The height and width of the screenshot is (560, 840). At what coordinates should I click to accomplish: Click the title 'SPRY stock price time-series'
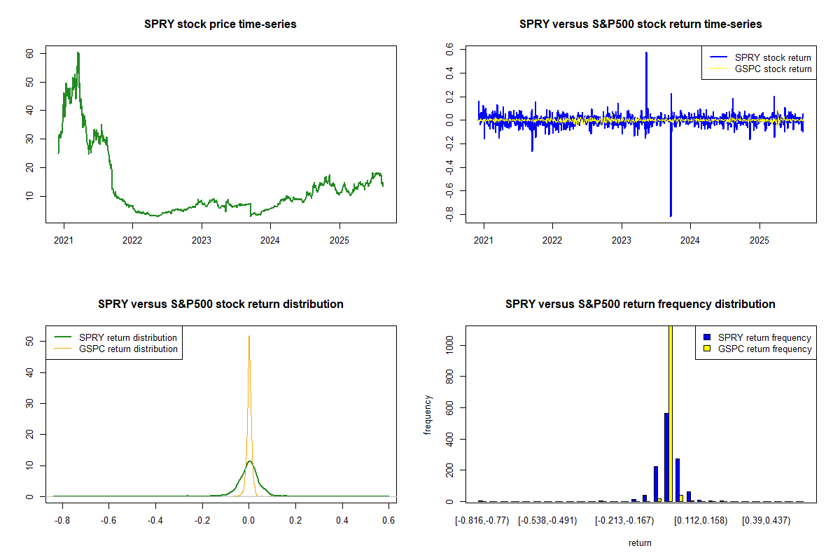point(220,24)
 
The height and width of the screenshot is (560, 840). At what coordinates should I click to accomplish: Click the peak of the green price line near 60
point(78,53)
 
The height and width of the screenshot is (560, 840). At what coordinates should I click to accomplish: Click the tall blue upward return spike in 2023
point(646,53)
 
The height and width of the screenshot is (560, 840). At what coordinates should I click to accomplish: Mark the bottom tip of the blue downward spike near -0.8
point(671,216)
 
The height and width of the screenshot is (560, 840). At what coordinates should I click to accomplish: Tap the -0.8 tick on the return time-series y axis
point(449,214)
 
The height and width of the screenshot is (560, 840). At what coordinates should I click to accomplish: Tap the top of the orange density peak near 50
point(248,337)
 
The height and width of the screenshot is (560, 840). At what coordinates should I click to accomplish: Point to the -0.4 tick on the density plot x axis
point(155,521)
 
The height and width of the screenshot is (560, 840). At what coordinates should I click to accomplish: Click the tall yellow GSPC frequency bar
point(671,420)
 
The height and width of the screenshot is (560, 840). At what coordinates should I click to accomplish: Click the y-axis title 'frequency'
point(428,415)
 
